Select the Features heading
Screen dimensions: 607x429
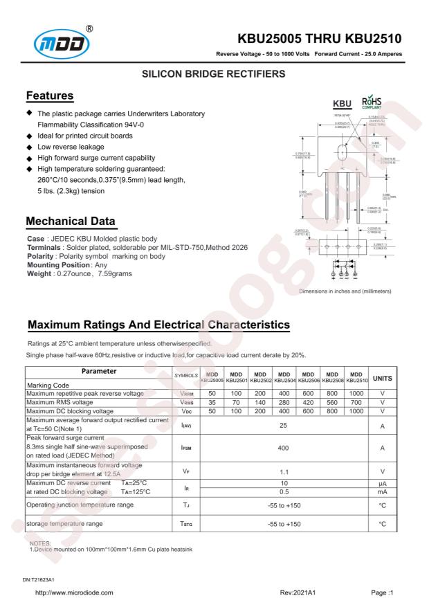(x=49, y=95)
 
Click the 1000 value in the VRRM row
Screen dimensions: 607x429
(x=356, y=393)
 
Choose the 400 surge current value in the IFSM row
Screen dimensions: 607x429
(x=283, y=449)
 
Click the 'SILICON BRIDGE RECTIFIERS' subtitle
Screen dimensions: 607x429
(x=214, y=73)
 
